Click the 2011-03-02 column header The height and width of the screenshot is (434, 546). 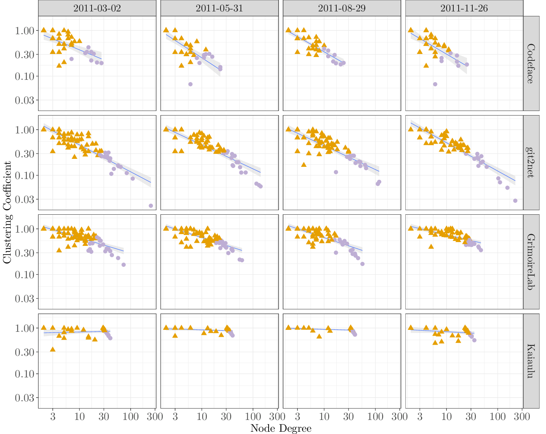97,8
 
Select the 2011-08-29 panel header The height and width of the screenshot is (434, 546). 342,8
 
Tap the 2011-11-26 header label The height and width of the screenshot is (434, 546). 464,8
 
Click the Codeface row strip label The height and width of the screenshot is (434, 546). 531,63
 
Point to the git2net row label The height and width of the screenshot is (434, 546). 531,163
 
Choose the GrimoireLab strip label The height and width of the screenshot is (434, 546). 531,262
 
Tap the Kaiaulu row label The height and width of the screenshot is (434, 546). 531,361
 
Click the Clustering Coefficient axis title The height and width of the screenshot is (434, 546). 7,212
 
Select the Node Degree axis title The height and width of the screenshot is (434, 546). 281,428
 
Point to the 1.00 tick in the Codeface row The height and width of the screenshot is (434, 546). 25,30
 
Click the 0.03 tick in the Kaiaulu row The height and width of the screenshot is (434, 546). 25,398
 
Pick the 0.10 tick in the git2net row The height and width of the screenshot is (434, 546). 25,175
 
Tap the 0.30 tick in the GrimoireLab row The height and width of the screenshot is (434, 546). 25,253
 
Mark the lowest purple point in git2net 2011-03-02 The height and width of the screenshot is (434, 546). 151,206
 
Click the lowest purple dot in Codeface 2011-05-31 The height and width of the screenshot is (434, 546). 190,84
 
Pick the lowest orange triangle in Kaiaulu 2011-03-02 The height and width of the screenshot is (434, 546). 53,349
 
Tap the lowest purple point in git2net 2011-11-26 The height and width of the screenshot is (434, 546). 515,201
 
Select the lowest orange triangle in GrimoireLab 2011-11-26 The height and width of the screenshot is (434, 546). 431,246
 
